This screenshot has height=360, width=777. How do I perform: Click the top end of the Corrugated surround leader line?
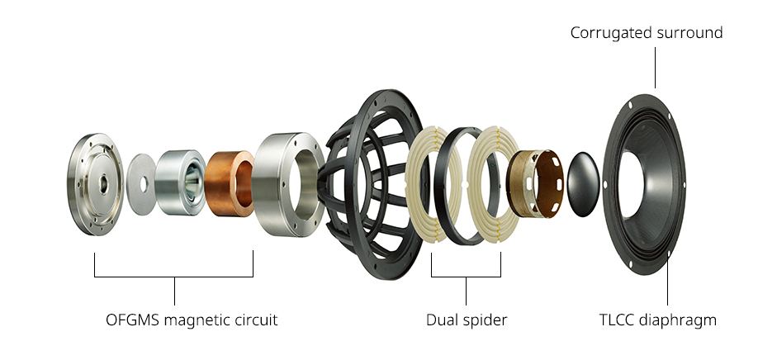(655, 48)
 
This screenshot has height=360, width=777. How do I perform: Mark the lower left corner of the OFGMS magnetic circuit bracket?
(95, 277)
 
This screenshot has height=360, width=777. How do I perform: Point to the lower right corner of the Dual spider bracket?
(500, 277)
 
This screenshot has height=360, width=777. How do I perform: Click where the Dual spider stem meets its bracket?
(466, 277)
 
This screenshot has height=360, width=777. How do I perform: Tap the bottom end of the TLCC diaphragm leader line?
(667, 305)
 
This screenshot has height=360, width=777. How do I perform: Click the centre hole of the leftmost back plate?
(102, 184)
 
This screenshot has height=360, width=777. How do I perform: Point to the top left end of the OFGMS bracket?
(95, 253)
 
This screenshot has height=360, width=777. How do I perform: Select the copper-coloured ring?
(229, 183)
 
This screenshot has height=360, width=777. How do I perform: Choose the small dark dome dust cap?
(583, 184)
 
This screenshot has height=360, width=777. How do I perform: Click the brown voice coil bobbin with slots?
(535, 183)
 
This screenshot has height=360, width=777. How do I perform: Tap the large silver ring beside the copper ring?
(288, 184)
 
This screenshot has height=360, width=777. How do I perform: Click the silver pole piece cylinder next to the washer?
(180, 182)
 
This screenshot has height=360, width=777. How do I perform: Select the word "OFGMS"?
(133, 320)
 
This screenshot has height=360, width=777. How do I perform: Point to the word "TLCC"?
(616, 320)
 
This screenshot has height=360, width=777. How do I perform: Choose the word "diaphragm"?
(677, 320)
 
